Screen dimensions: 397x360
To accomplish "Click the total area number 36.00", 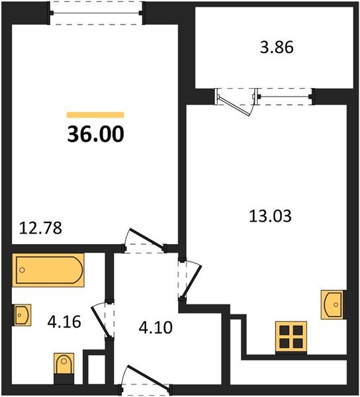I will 95,134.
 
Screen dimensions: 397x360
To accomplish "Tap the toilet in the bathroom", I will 64,366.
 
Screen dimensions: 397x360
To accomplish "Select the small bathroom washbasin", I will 21,314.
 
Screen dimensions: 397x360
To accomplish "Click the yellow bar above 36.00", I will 95,115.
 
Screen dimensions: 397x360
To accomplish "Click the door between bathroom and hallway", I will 105,320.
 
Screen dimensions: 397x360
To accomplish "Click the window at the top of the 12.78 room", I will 97,12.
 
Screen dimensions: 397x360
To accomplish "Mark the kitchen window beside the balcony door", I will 285,97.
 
